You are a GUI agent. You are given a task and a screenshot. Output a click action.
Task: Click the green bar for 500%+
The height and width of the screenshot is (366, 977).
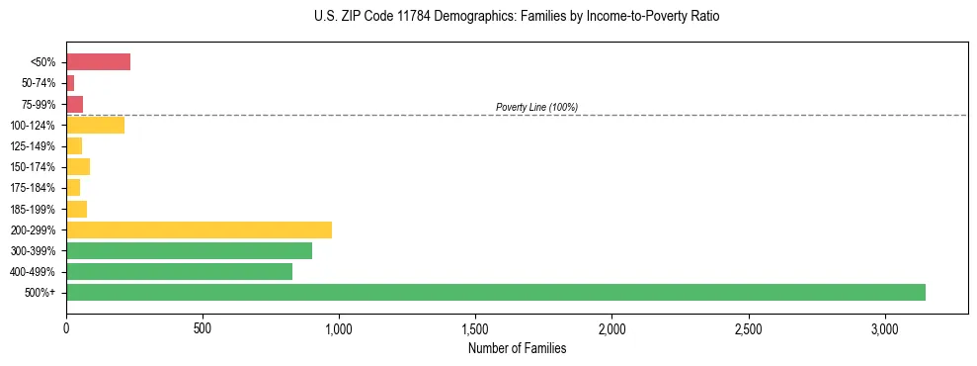[x=495, y=292]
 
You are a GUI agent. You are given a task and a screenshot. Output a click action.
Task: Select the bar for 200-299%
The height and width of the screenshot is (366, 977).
[x=199, y=229]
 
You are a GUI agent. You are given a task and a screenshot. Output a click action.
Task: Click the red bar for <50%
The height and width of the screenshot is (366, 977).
[x=98, y=62]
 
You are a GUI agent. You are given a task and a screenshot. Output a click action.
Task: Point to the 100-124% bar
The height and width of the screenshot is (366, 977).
[x=95, y=125]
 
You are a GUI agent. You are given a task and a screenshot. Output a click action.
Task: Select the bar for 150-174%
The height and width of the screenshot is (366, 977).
[x=78, y=166]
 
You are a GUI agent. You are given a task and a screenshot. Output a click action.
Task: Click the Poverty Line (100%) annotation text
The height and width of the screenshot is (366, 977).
[x=536, y=107]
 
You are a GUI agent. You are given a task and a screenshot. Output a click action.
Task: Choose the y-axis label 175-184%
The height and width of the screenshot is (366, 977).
[x=37, y=188]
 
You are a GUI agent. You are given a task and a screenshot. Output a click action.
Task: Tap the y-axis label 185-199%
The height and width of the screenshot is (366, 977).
[x=37, y=209]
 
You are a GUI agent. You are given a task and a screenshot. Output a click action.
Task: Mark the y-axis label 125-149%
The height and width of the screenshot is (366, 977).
[x=37, y=146]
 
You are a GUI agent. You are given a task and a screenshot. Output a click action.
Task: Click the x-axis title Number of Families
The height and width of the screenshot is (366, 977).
[x=517, y=348]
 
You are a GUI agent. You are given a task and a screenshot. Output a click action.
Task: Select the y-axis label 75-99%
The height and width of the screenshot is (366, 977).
[x=41, y=104]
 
